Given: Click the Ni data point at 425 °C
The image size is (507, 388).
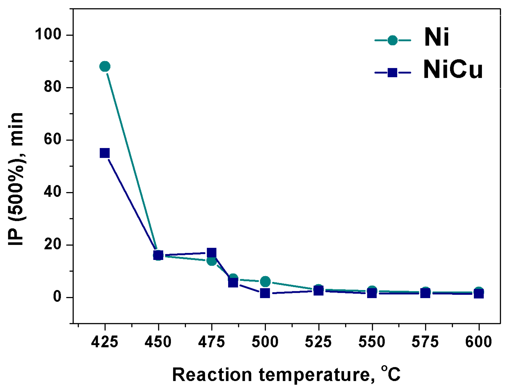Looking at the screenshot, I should (105, 67).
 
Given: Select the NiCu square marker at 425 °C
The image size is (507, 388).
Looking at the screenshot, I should (105, 153).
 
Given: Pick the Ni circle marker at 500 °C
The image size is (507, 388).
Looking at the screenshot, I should (265, 281).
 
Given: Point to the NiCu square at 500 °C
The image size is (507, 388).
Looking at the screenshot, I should (265, 293).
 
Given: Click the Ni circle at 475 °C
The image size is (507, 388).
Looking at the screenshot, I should (212, 261).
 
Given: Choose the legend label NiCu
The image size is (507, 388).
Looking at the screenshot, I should (453, 69).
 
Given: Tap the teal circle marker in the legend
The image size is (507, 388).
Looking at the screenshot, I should (393, 40).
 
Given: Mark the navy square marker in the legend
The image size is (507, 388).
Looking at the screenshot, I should (393, 73).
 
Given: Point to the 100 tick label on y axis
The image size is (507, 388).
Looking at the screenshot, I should (48, 34).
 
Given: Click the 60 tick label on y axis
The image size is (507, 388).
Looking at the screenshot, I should (53, 139).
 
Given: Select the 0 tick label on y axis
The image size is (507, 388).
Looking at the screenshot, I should (57, 297).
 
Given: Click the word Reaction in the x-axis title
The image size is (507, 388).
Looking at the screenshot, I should (212, 375).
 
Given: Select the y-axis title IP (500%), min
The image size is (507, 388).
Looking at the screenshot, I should (16, 179).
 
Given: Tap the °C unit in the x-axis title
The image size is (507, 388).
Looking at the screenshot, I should (391, 373).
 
